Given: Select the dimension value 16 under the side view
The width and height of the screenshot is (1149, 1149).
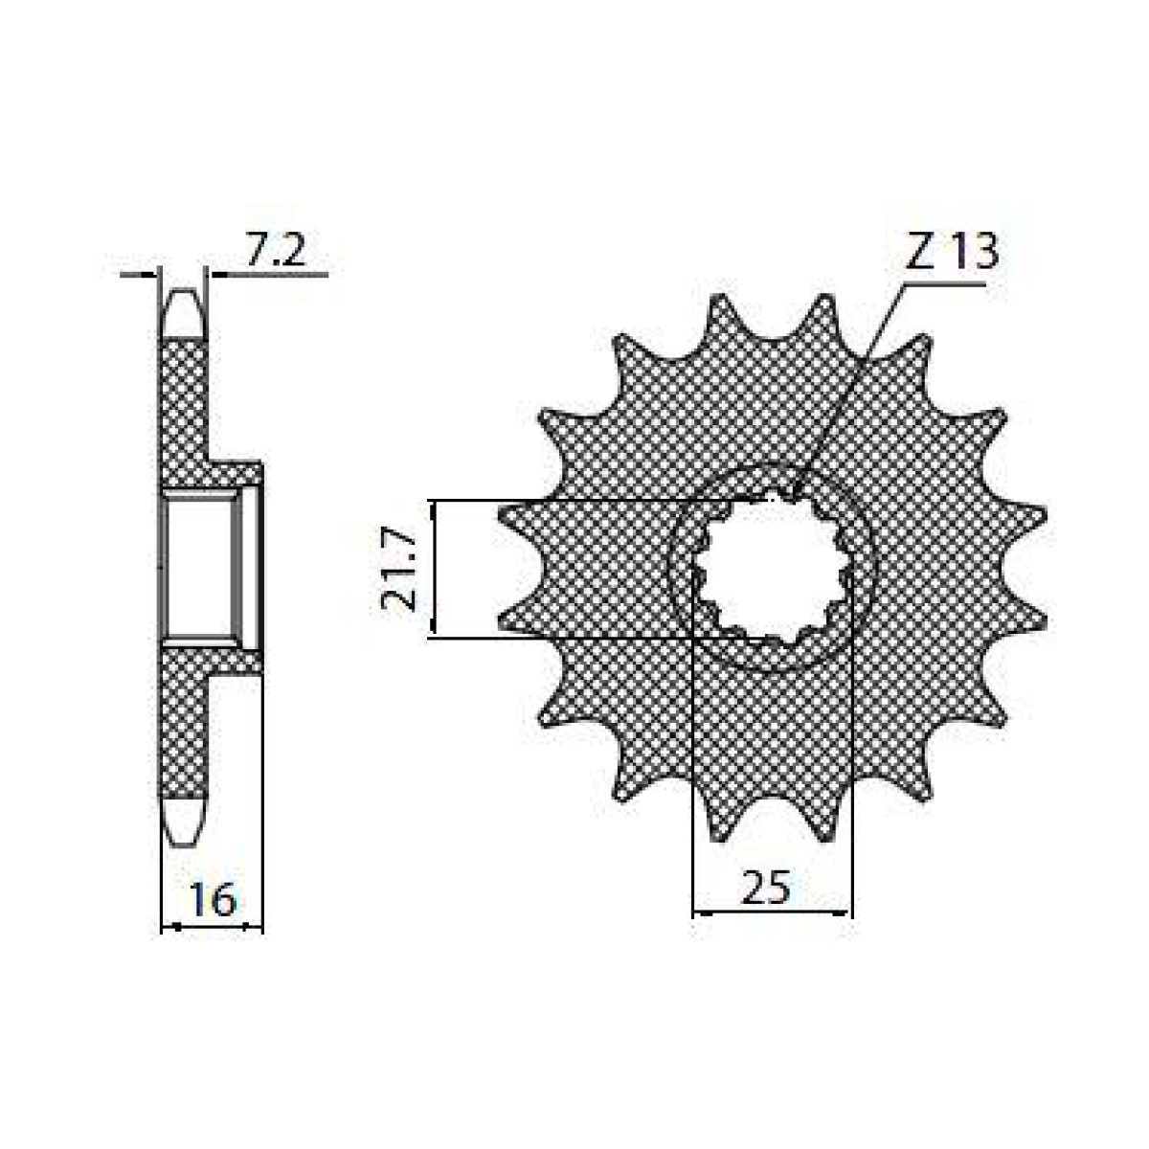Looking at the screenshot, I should (212, 900).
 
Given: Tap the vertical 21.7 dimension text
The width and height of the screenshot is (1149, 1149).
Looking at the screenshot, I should (399, 571).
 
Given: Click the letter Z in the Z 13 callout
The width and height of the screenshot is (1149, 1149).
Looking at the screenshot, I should (917, 253).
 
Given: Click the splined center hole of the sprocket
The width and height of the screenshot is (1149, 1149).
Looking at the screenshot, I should (771, 570).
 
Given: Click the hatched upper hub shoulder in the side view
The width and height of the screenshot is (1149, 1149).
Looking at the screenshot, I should (236, 474).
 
